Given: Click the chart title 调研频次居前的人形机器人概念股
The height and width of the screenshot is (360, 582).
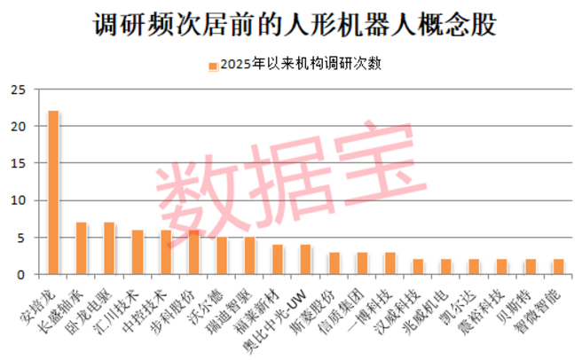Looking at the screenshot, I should point(291,24).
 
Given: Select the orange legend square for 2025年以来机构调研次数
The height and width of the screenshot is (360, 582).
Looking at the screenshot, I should point(213,65).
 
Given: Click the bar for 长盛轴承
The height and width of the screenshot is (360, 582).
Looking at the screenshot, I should point(81,248).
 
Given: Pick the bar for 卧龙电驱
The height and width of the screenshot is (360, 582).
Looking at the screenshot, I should point(109,248).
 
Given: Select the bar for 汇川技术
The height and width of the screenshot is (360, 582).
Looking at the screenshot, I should point(138,252).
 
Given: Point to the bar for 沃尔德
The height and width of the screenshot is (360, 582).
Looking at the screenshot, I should point(222,255).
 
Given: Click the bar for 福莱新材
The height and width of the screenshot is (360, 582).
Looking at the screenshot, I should point(278,259).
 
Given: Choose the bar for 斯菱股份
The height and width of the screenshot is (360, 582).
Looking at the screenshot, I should point(334,263).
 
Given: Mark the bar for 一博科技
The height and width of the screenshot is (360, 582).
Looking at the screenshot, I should point(390,263).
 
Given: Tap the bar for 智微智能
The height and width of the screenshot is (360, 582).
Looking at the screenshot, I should point(559,267).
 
